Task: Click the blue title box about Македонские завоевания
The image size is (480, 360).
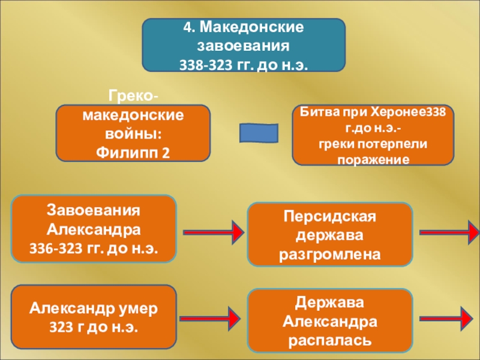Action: pyautogui.click(x=244, y=45)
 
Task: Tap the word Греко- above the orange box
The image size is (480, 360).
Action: pyautogui.click(x=134, y=95)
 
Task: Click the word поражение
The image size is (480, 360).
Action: pyautogui.click(x=373, y=160)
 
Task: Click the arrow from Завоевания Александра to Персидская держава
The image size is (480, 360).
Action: pyautogui.click(x=213, y=230)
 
